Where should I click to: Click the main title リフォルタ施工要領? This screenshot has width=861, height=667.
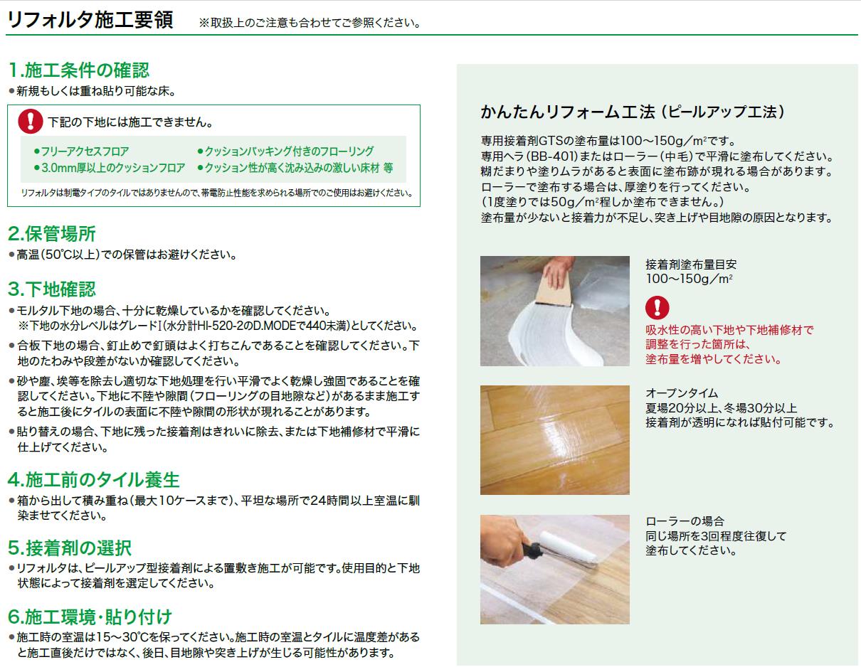pos(90,20)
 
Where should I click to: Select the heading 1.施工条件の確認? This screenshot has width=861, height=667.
pos(79,70)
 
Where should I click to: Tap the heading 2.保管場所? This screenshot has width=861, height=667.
pos(52,233)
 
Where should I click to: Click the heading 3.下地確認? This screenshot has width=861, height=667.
pos(52,289)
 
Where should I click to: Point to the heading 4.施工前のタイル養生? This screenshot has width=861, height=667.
pos(94,480)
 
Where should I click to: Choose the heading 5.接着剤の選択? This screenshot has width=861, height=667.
pos(70,548)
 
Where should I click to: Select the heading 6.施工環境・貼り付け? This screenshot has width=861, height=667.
pos(90,617)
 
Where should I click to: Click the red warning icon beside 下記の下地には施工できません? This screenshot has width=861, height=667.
pos(31,121)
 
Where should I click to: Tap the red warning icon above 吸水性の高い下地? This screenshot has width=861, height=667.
pos(657,308)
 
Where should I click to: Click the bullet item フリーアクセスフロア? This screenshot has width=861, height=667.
pos(82,151)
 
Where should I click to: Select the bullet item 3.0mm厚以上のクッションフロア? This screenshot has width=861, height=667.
pos(110,168)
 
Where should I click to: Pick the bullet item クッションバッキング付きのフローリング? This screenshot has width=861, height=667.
pos(285,151)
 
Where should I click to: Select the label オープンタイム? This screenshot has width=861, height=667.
pos(682,393)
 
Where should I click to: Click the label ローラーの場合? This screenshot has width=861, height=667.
pos(685,521)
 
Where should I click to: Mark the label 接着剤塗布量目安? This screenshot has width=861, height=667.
pos(691,265)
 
